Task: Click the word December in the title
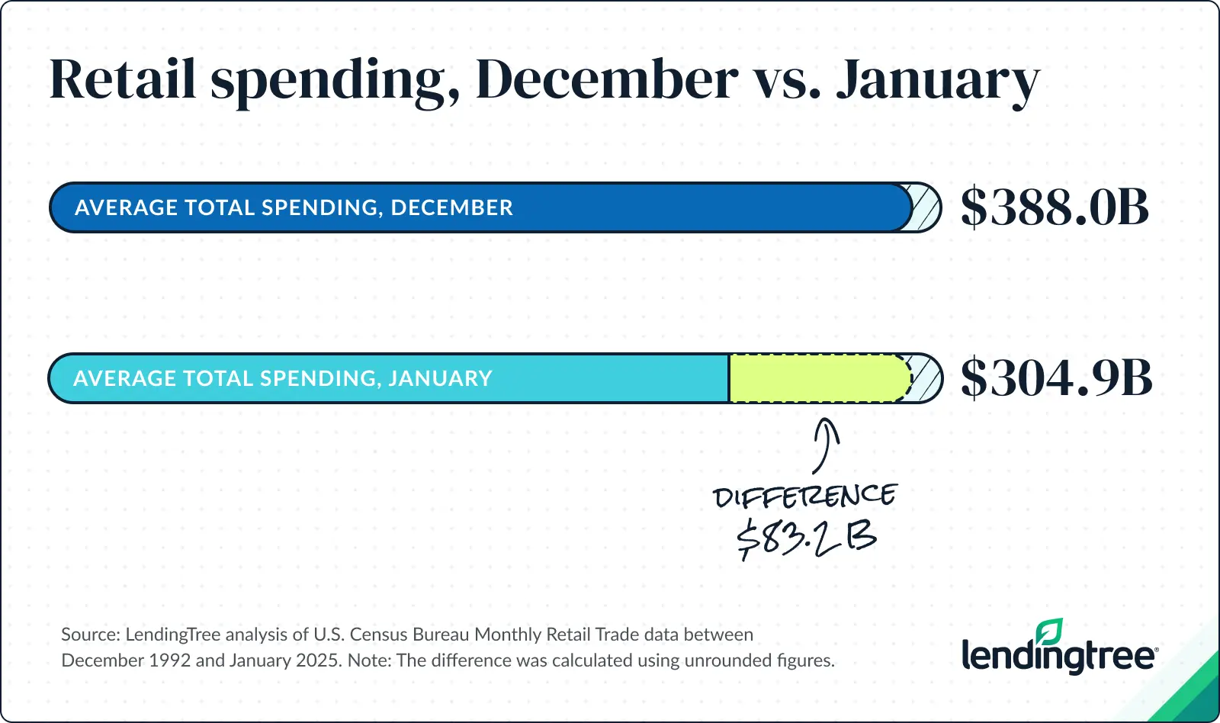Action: point(607,79)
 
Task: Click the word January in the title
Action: point(938,81)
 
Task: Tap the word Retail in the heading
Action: point(123,79)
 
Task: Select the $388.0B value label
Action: point(1055,207)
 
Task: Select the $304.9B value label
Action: point(1056,378)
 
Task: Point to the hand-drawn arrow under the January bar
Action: point(824,445)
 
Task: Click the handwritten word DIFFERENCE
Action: point(804,496)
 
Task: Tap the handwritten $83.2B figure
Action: point(807,538)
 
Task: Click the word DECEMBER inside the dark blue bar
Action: point(451,207)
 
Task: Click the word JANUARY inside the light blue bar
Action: point(440,378)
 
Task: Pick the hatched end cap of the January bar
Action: point(927,378)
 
